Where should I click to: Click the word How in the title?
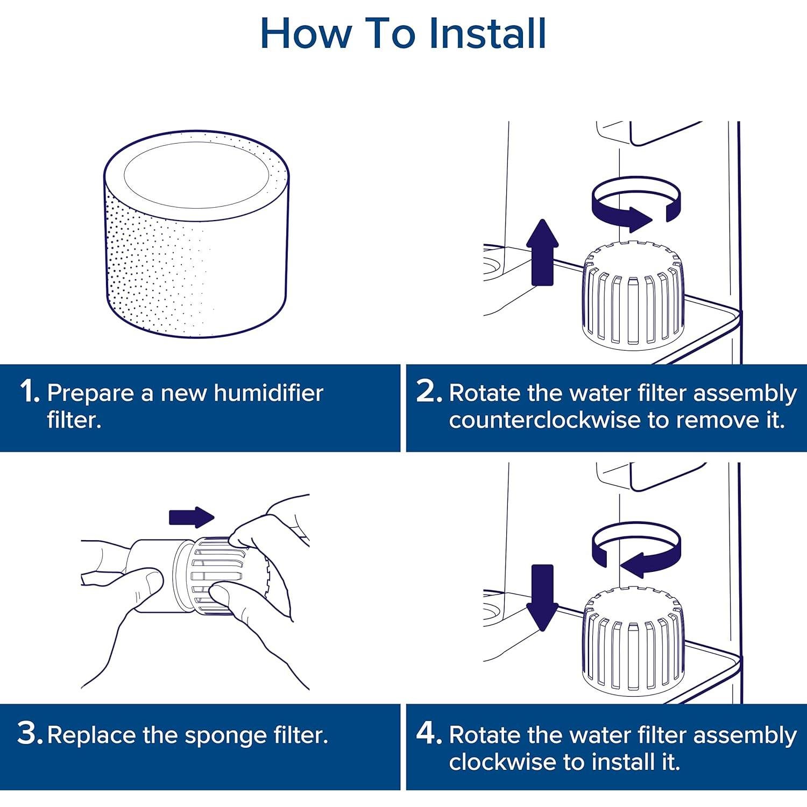click(x=305, y=33)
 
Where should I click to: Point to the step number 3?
click(x=29, y=734)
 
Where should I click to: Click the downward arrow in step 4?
click(x=542, y=597)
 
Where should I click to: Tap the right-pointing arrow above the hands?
click(x=192, y=517)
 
